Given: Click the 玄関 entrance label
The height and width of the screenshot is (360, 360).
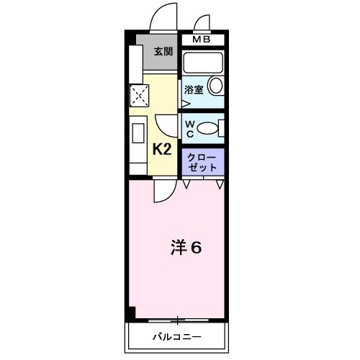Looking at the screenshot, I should point(163,52).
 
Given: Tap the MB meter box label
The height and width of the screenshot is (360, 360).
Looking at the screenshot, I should point(202,40).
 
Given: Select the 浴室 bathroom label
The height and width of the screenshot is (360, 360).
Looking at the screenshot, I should point(192,91).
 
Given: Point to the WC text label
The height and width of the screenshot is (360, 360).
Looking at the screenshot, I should point(189,128).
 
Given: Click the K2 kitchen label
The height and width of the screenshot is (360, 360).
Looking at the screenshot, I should point(161,150).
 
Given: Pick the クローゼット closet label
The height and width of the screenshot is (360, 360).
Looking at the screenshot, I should point(202,161).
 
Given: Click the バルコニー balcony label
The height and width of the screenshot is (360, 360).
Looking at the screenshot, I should point(176,337).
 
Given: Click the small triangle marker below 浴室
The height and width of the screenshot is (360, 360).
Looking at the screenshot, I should point(184,102).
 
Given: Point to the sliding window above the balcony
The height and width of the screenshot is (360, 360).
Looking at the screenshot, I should point(176,319).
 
